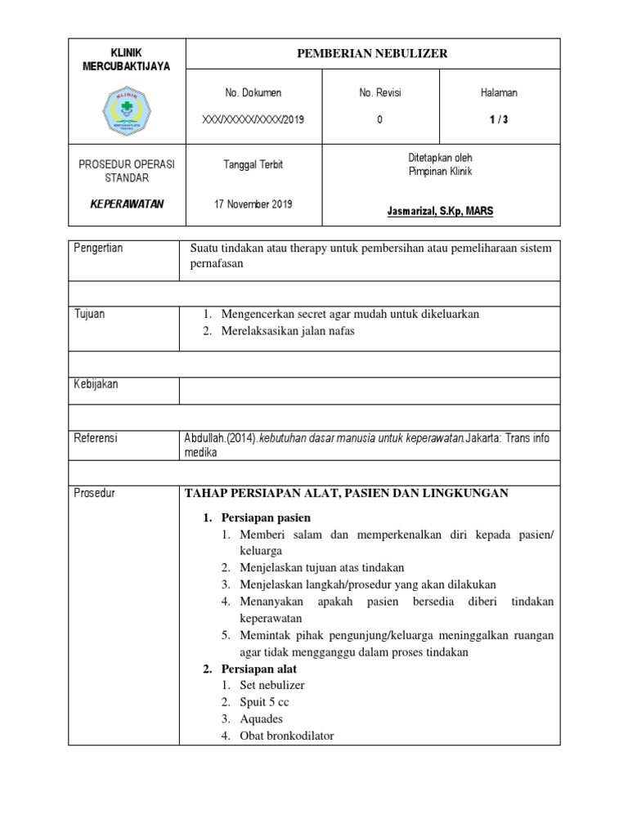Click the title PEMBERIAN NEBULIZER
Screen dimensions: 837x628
pos(373,54)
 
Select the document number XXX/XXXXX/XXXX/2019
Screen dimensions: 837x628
pos(253,119)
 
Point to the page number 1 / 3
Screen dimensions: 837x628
pos(498,119)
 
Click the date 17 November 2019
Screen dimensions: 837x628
pos(253,204)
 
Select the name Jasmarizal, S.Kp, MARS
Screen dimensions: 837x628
pos(440,212)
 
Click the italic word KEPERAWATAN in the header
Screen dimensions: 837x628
pos(127,204)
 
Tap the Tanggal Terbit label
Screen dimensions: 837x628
pos(253,164)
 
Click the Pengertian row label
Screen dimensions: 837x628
pos(98,248)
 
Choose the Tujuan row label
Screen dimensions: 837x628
pos(89,315)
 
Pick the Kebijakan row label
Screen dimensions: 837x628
pos(96,384)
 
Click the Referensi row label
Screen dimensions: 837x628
pos(96,439)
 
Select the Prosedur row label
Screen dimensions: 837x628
pos(94,493)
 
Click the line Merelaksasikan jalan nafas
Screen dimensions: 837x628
pos(288,331)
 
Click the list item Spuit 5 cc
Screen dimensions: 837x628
pos(264,702)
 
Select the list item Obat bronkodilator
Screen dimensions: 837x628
pos(286,736)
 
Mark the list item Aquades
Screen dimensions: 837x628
pos(261,719)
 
